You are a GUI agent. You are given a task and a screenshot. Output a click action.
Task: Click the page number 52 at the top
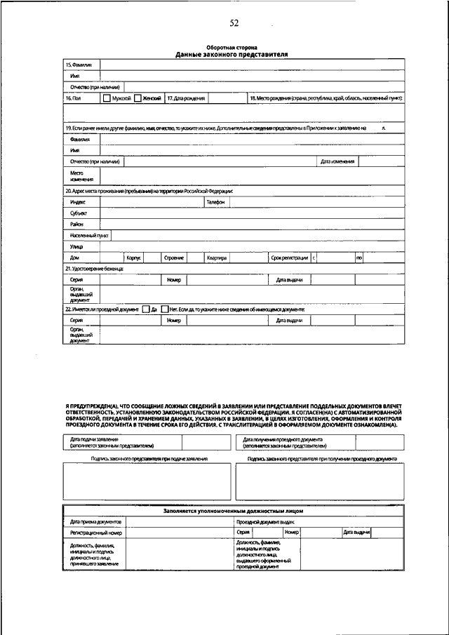coord(234,23)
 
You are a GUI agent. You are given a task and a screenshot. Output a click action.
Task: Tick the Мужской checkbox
coord(107,99)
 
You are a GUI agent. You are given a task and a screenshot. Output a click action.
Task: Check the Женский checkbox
coord(138,99)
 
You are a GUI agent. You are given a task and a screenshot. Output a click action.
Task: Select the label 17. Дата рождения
coord(185,99)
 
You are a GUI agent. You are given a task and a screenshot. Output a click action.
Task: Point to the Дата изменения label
coord(337,161)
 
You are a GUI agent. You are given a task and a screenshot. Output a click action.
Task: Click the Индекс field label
coord(78,201)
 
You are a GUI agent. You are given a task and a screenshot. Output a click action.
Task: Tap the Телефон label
coord(215,201)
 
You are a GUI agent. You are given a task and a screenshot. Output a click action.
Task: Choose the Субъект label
coord(79,213)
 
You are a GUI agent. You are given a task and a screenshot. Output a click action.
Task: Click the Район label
coord(77,224)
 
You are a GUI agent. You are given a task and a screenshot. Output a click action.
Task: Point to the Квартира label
coord(216,258)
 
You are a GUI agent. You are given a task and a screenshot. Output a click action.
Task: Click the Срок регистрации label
coord(290,258)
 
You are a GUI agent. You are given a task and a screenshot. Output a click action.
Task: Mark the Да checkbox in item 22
coord(145,309)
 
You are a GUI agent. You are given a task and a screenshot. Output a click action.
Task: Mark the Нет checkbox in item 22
coord(164,309)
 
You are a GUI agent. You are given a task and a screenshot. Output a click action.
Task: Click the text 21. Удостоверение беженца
coord(94,269)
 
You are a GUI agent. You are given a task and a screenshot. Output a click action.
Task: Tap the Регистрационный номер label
coord(92,533)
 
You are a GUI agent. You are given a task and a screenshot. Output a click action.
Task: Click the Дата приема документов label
coord(96,521)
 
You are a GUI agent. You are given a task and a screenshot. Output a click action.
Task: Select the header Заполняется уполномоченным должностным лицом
coord(234,511)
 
